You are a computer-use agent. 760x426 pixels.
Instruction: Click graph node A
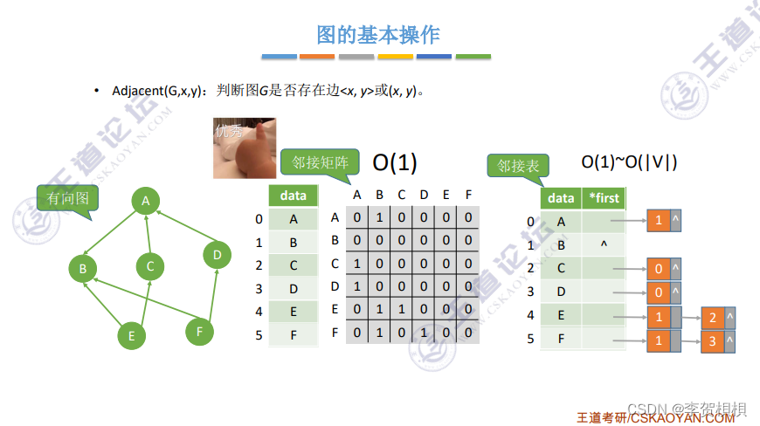146,202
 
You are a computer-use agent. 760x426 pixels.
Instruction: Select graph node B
82,269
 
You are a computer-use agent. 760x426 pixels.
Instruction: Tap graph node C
150,266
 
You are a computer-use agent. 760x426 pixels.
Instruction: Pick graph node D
217,255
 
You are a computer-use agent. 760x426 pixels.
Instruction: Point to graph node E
131,335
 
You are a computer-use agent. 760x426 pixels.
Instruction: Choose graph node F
199,331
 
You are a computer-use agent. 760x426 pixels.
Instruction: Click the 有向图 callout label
67,199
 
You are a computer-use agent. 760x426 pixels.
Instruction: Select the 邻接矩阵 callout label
320,161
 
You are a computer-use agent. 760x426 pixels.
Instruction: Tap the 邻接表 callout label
516,165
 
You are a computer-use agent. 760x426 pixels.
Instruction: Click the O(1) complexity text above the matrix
395,162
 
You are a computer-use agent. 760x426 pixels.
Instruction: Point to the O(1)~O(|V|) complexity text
629,161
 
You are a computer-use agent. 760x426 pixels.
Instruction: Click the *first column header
604,198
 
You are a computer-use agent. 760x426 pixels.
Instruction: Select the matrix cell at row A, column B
379,218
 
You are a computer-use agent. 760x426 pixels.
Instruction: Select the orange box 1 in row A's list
658,221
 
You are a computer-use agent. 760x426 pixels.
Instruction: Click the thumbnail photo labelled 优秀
245,148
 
